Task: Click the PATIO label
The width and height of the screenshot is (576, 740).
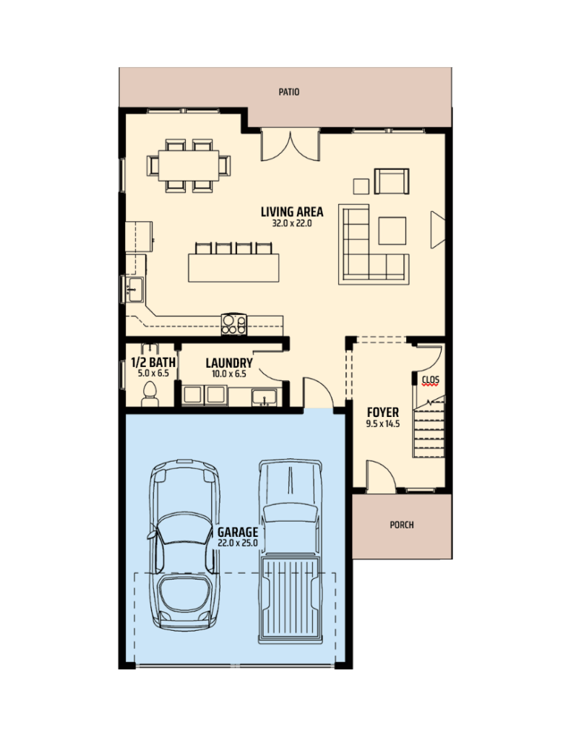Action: [x=288, y=92]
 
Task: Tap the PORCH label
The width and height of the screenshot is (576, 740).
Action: [x=402, y=525]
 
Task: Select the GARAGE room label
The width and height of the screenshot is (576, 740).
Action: [x=238, y=533]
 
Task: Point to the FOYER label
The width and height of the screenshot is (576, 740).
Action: [x=383, y=413]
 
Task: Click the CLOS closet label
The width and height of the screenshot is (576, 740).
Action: [x=430, y=379]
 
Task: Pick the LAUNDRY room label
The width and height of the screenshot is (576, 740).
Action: [x=229, y=363]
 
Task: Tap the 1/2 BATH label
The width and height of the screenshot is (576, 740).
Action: [x=153, y=363]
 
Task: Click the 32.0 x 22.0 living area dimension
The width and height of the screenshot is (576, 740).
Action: [x=292, y=224]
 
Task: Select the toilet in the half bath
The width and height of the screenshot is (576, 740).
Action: [x=150, y=395]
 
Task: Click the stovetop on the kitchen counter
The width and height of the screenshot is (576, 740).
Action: [x=233, y=324]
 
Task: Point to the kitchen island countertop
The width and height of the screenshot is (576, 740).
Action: [x=233, y=267]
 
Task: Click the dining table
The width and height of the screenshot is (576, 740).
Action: [x=189, y=165]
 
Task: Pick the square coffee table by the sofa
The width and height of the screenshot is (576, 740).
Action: [x=392, y=231]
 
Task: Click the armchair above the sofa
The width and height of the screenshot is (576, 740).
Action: [x=392, y=181]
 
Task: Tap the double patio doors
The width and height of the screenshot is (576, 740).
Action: [x=291, y=145]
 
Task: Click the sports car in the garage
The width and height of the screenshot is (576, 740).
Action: [x=184, y=545]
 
